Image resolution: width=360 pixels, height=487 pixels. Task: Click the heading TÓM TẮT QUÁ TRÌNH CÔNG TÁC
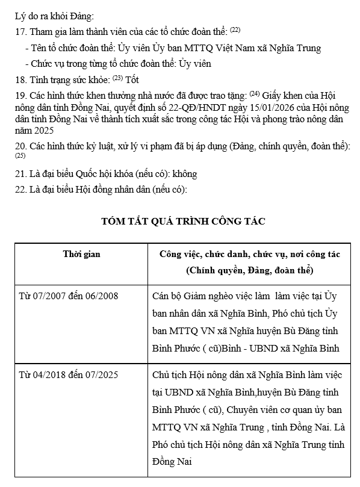[184, 221]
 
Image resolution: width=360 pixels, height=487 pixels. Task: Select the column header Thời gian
[81, 254]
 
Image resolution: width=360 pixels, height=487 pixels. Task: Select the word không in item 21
[185, 174]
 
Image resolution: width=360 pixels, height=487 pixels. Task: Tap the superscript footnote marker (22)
[235, 29]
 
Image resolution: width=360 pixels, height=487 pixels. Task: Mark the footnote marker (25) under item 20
[20, 157]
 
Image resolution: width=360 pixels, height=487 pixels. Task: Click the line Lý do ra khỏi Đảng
[54, 16]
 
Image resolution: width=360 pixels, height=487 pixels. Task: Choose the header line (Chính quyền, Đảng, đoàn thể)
[249, 271]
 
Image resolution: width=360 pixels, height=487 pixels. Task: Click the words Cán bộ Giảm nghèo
[186, 296]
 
